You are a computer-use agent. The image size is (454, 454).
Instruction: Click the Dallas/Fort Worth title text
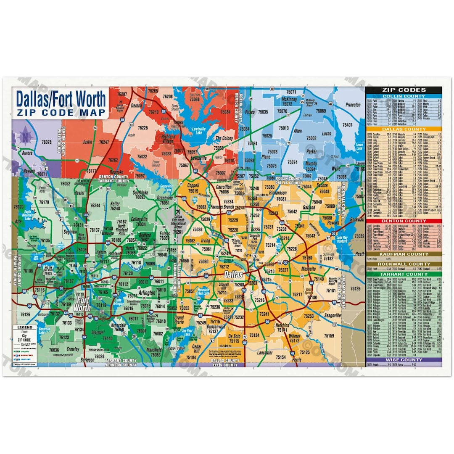click(61, 99)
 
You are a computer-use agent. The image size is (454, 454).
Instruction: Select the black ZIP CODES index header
click(404, 90)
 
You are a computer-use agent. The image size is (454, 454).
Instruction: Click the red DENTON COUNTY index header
click(404, 221)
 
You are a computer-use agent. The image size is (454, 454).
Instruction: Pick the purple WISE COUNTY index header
click(404, 360)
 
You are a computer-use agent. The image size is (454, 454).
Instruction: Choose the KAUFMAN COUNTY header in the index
click(404, 254)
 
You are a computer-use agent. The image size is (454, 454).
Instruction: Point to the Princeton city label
click(353, 105)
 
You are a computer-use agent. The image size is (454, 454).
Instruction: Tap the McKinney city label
click(290, 99)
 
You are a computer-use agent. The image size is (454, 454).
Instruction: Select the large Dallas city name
click(234, 274)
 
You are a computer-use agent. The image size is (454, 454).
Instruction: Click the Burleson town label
click(87, 360)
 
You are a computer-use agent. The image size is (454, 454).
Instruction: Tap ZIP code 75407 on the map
click(348, 125)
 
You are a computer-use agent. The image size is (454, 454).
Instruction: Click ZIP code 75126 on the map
click(356, 289)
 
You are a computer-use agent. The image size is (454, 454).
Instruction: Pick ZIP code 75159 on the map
click(329, 335)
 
